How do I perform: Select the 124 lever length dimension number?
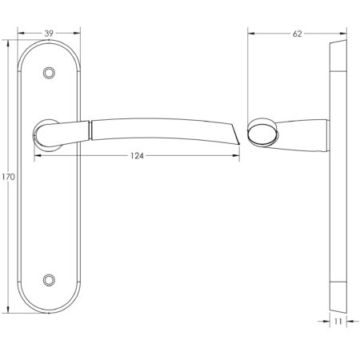click(136, 156)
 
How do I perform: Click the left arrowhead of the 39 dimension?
click(20, 33)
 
